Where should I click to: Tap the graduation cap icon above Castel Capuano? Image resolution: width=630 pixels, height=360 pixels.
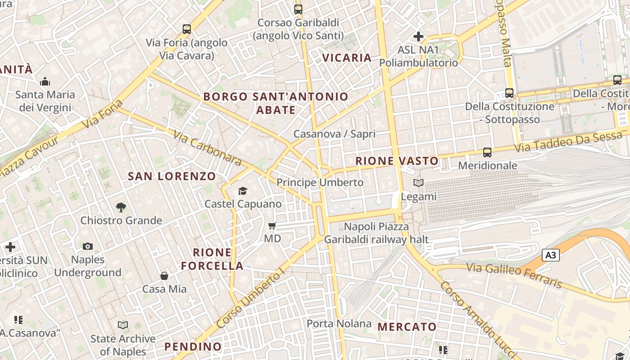pyautogui.click(x=243, y=191)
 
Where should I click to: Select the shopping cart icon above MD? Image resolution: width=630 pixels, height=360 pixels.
pyautogui.click(x=272, y=225)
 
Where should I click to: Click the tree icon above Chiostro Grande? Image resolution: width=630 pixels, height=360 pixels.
pyautogui.click(x=121, y=207)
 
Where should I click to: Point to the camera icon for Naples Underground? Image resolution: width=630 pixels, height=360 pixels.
pyautogui.click(x=88, y=246)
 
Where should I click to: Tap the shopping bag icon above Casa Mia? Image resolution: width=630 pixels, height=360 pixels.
pyautogui.click(x=164, y=275)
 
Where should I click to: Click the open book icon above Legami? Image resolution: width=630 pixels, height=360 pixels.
pyautogui.click(x=418, y=183)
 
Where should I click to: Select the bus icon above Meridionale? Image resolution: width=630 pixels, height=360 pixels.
pyautogui.click(x=487, y=153)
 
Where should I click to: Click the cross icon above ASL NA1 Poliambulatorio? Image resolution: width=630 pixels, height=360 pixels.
pyautogui.click(x=418, y=36)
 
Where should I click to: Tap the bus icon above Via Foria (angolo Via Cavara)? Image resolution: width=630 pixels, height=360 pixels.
pyautogui.click(x=187, y=29)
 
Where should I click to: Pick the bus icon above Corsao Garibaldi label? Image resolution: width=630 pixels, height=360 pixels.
pyautogui.click(x=298, y=9)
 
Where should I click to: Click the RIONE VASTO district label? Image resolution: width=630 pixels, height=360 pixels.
pyautogui.click(x=396, y=161)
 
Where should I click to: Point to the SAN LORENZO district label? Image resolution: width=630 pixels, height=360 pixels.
pyautogui.click(x=172, y=176)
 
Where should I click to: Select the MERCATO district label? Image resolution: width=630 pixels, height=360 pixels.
pyautogui.click(x=407, y=327)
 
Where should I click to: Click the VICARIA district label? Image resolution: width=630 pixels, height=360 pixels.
pyautogui.click(x=347, y=58)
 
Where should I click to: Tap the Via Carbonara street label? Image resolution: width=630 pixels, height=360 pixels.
pyautogui.click(x=207, y=148)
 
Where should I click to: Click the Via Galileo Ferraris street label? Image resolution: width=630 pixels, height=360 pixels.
pyautogui.click(x=514, y=275)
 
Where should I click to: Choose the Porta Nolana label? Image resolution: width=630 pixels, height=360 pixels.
pyautogui.click(x=339, y=324)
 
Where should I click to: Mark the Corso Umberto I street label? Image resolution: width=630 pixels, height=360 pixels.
pyautogui.click(x=250, y=298)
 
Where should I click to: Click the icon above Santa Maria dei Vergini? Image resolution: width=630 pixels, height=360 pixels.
pyautogui.click(x=45, y=82)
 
